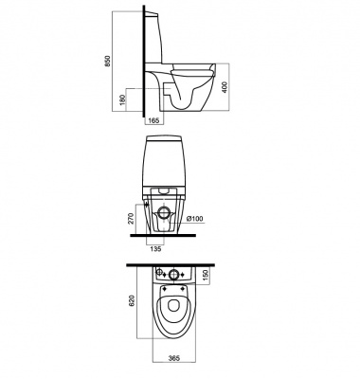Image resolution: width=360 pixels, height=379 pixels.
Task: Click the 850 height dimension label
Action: [108, 61]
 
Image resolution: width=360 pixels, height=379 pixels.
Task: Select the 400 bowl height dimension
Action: [225, 87]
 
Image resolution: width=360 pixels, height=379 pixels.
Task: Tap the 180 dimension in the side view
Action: [123, 99]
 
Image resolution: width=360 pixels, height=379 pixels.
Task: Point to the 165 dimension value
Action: [153, 120]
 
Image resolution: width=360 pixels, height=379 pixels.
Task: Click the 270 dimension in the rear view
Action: [132, 219]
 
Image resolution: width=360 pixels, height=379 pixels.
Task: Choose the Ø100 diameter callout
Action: [194, 219]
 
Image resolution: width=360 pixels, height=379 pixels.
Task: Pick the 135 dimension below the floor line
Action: [155, 249]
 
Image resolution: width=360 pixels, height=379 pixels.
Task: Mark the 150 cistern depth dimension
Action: [206, 275]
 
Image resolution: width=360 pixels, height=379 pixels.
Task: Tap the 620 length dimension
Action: [132, 300]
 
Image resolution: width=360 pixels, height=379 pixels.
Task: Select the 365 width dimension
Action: [174, 358]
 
